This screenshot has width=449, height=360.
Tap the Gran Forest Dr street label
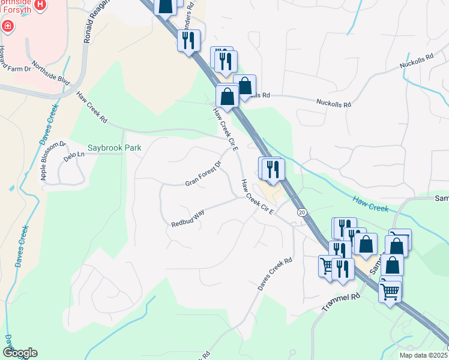(x=203, y=173)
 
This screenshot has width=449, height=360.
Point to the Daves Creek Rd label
(x=275, y=274)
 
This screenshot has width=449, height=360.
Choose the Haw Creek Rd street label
(x=91, y=107)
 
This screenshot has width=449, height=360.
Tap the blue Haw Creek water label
(x=372, y=205)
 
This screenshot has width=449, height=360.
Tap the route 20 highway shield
(x=301, y=212)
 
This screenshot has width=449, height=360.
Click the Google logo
(x=20, y=353)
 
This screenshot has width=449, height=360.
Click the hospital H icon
(x=40, y=5)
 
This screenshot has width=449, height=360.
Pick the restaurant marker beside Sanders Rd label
(x=189, y=41)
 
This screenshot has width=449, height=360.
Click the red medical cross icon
(x=7, y=26)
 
